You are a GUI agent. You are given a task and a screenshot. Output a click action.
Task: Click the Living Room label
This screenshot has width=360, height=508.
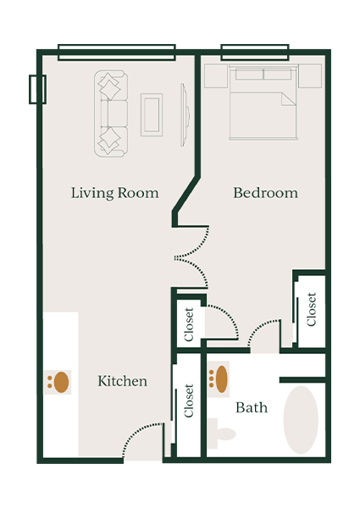pos(114,193)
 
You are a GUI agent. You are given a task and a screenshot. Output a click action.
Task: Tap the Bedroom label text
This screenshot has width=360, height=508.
pos(265,193)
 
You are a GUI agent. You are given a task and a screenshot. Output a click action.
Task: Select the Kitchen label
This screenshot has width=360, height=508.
pos(122,381)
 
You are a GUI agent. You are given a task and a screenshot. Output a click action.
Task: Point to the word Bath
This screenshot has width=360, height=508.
pos(252,407)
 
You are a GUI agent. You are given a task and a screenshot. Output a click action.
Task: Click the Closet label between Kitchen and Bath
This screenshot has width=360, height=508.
pos(188,401)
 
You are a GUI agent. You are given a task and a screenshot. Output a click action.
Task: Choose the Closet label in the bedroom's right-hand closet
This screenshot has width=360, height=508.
pos(311,309)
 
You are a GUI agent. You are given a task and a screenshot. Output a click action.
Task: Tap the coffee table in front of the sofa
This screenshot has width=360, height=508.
pos(152,113)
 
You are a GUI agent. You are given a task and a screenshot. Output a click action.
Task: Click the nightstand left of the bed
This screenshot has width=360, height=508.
pos(214,75)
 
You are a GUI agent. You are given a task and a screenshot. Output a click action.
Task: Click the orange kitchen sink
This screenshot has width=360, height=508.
pos(59,382)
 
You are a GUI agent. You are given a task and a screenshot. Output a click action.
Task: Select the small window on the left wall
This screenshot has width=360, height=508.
pos(36,89)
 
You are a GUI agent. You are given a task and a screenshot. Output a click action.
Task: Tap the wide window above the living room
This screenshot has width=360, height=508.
pos(116,52)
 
